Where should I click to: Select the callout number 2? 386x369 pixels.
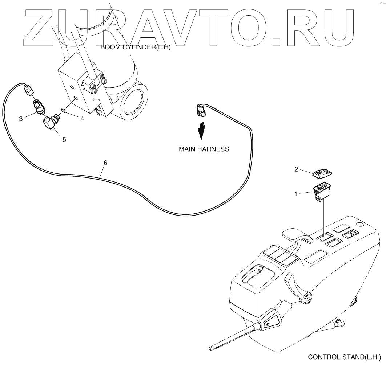(296, 169)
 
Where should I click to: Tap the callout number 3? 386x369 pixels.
(21, 118)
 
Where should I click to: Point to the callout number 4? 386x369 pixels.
(82, 118)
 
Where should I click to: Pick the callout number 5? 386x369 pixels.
(64, 139)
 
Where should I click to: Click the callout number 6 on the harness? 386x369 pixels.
(105, 163)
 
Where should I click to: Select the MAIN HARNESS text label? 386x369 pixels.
(204, 149)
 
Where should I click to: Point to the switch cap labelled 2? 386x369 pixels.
(322, 173)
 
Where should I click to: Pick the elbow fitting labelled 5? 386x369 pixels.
(49, 122)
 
